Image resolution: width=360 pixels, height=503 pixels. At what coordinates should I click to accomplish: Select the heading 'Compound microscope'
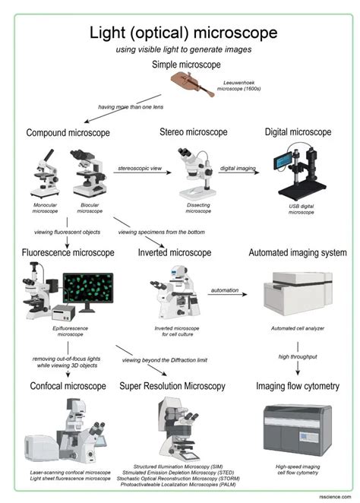pyautogui.click(x=68, y=133)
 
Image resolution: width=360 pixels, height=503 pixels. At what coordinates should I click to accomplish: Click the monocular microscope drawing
pyautogui.click(x=45, y=173)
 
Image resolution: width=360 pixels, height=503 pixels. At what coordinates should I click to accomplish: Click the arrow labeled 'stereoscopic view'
pyautogui.click(x=143, y=173)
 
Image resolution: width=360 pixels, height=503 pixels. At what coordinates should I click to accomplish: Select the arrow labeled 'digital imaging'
pyautogui.click(x=238, y=173)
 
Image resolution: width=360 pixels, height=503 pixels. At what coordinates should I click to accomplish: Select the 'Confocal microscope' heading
pyautogui.click(x=68, y=386)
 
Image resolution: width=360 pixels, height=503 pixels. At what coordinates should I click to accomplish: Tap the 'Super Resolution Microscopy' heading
pyautogui.click(x=172, y=386)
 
